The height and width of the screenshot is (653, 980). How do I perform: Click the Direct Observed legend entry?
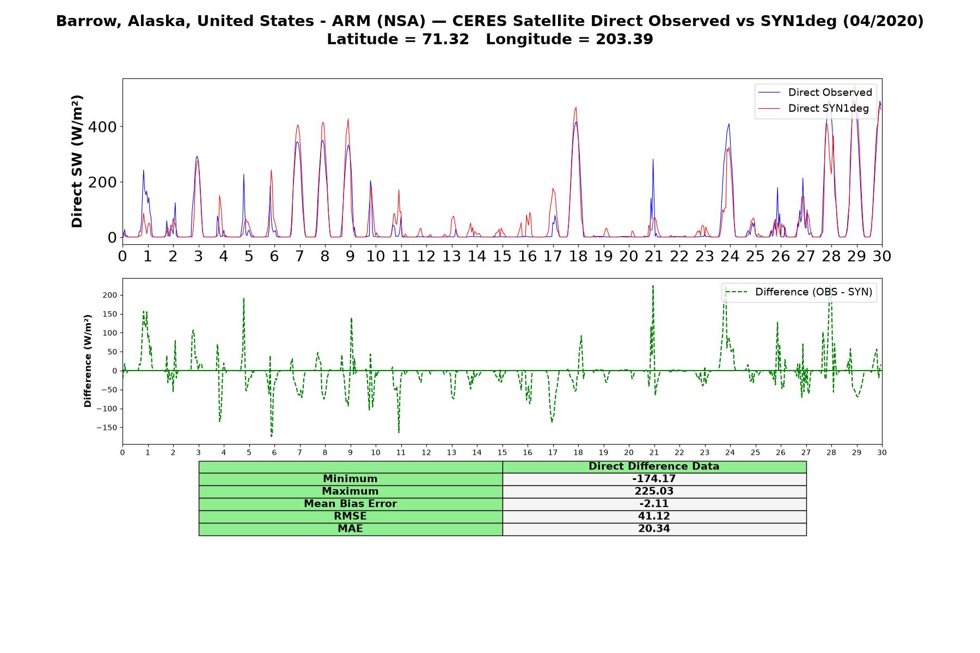point(816,93)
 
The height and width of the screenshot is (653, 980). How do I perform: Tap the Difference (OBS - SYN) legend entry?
point(799,292)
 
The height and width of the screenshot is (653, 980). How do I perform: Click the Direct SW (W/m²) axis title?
point(77,162)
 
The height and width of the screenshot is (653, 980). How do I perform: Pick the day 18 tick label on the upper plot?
point(578,256)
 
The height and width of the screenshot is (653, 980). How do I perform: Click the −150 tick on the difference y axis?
point(108,428)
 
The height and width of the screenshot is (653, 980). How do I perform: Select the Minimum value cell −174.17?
point(654,479)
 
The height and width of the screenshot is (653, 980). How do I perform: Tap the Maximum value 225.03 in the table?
point(654,491)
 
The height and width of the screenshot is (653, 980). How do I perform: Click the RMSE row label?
point(351,516)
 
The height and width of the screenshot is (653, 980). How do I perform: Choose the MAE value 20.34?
point(654,529)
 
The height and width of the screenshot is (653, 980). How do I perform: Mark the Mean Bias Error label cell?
point(351,504)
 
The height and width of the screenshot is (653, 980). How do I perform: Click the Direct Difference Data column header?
point(654,466)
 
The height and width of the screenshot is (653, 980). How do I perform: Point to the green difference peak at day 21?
point(653,286)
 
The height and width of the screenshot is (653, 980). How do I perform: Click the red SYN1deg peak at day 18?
point(575,108)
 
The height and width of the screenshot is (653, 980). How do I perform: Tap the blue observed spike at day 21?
point(653,159)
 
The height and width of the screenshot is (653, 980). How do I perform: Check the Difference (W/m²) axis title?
point(88,361)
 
